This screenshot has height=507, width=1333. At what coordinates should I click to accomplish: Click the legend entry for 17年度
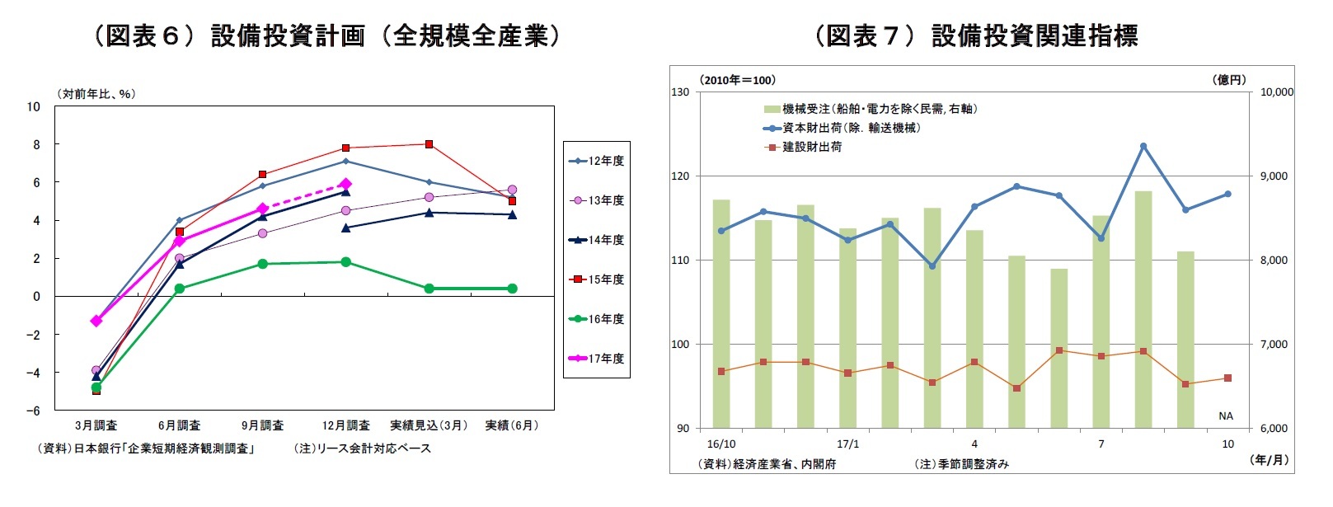(x=597, y=359)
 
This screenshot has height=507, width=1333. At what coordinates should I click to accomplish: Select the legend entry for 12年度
(x=597, y=161)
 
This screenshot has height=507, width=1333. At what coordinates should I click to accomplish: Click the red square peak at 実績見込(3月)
(x=429, y=144)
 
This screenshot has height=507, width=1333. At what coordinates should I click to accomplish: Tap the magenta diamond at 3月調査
(x=96, y=321)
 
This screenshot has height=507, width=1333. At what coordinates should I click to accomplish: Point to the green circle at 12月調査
(x=345, y=262)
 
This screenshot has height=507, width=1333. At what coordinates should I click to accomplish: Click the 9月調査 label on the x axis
(x=262, y=425)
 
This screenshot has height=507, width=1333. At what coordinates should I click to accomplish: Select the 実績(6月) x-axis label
(x=511, y=425)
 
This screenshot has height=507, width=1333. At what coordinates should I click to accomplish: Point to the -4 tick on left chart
(x=33, y=373)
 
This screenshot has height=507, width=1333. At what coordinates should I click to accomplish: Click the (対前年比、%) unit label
(x=96, y=94)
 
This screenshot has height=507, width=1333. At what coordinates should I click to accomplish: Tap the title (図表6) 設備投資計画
(x=326, y=35)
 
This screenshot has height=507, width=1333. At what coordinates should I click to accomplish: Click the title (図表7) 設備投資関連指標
(x=977, y=35)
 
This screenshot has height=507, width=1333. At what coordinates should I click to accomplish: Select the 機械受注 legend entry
(x=870, y=109)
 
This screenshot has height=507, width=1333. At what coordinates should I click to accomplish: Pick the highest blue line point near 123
(x=1143, y=146)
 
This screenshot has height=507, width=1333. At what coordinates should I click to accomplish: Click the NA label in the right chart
(x=1226, y=415)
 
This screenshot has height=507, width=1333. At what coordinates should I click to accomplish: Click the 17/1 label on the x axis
(x=847, y=444)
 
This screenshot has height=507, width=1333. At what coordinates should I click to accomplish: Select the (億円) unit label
(x=1229, y=80)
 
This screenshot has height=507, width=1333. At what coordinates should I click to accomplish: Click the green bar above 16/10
(x=721, y=313)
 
